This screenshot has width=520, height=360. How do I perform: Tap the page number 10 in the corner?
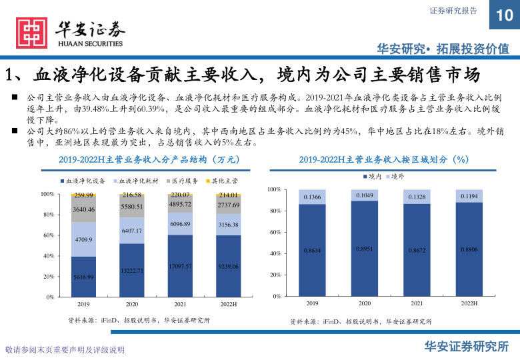504,15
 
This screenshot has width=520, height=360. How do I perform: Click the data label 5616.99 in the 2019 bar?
83,277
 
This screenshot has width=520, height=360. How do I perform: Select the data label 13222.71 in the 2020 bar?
131,271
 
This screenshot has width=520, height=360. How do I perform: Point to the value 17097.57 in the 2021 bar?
181,267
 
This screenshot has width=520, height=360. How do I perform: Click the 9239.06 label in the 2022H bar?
228,267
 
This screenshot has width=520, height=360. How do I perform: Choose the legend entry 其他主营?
221,181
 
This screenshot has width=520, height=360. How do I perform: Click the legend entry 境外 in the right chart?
395,175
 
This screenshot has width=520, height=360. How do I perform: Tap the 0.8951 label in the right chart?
364,249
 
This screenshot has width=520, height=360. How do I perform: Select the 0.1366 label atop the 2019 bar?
312,197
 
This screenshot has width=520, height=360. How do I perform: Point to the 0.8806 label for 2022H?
469,249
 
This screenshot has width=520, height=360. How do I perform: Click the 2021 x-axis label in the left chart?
181,303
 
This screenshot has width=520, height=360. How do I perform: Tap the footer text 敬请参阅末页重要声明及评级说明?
65,350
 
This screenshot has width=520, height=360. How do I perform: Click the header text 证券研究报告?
453,11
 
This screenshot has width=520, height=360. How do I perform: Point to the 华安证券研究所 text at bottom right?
467,346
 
